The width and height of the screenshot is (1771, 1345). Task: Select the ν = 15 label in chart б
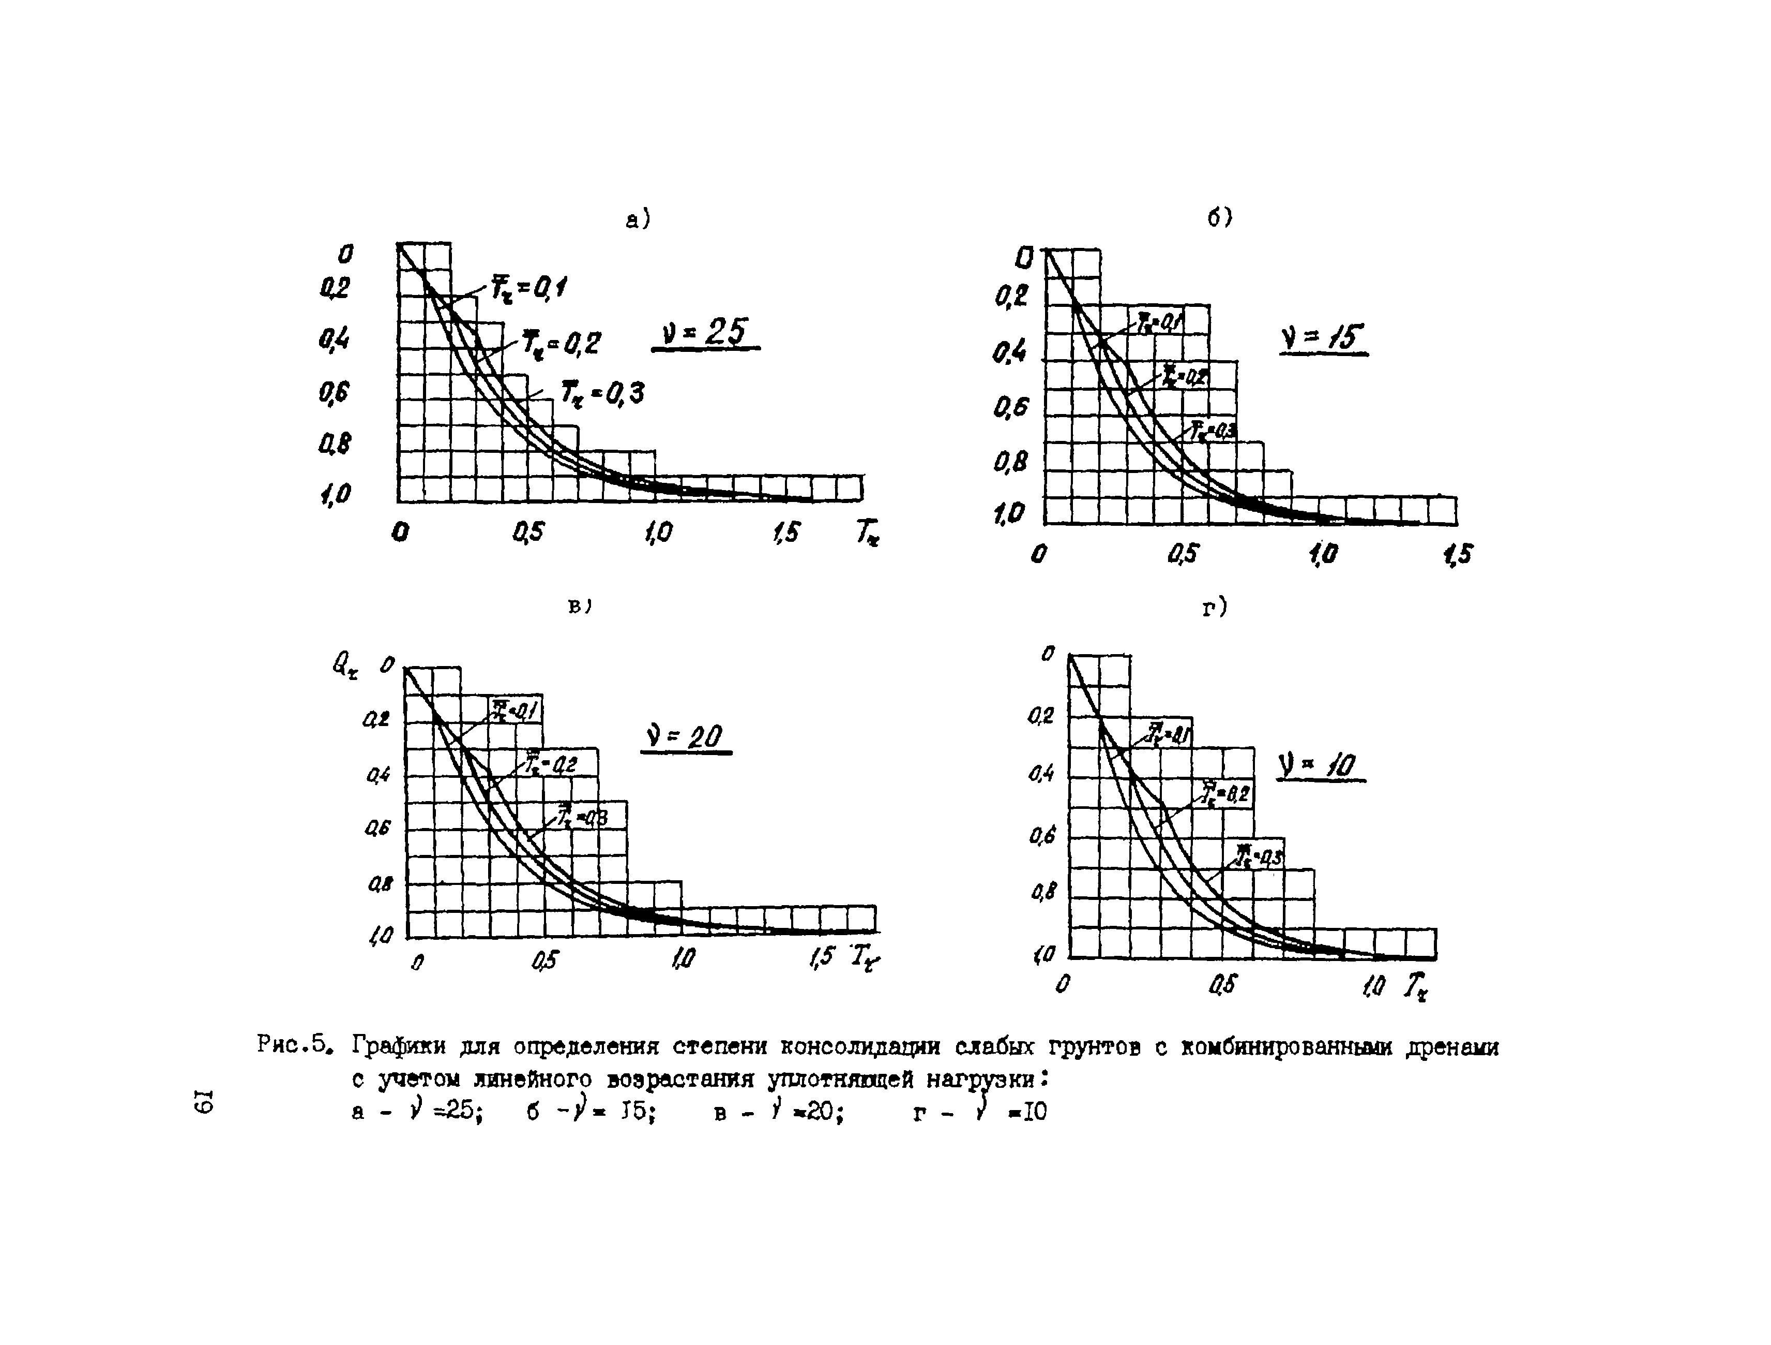click(1323, 338)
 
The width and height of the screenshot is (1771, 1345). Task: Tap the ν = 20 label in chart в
click(685, 736)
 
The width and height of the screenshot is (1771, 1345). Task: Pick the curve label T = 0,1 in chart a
click(529, 288)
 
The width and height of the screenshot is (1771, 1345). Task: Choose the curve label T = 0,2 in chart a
click(561, 343)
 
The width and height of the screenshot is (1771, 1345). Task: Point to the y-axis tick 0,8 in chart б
click(1010, 462)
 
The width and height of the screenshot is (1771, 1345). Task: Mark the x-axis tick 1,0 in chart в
click(683, 958)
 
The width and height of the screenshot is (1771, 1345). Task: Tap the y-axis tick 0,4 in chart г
click(1041, 775)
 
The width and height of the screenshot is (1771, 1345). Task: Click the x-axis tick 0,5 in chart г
click(1222, 984)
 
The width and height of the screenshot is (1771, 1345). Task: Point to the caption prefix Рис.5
click(294, 1045)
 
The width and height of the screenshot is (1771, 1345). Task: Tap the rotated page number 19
click(203, 1101)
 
